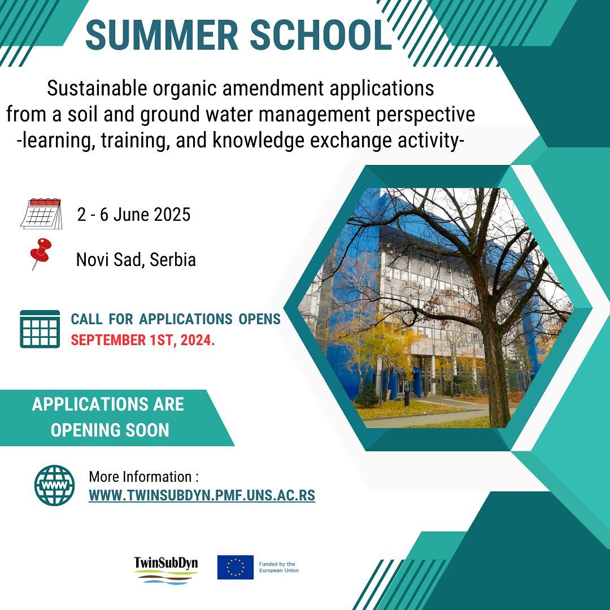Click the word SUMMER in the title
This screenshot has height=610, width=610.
point(162,34)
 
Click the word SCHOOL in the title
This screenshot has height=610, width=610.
point(321,34)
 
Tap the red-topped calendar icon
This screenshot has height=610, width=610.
point(41,213)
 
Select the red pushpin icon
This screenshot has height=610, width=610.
point(41,254)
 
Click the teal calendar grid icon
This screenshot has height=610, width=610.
point(40,329)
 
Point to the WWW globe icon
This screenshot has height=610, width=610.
point(54,485)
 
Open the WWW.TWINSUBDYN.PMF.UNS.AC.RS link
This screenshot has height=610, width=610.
point(202,495)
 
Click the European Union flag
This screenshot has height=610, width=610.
point(236,567)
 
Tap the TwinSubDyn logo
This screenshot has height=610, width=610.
point(166,569)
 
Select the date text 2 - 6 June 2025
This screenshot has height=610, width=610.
point(134,215)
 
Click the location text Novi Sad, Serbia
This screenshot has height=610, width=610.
point(136,259)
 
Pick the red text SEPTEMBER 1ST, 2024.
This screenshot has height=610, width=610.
point(143,340)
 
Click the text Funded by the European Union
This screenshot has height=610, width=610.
point(279,567)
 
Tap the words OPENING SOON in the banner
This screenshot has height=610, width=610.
point(110,430)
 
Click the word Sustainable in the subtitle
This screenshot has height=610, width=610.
point(97,88)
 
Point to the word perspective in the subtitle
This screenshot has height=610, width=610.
point(426,115)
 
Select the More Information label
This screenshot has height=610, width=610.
point(143,477)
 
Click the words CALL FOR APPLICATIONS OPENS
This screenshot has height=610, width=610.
point(176,319)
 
